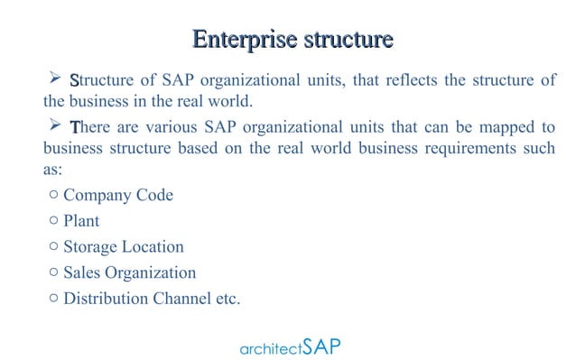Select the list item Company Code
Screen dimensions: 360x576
pyautogui.click(x=117, y=196)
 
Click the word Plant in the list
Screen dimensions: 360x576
pyautogui.click(x=81, y=221)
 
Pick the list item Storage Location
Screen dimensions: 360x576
pyautogui.click(x=123, y=246)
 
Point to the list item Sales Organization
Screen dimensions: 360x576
pyautogui.click(x=129, y=272)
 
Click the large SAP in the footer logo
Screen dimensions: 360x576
pyautogui.click(x=322, y=346)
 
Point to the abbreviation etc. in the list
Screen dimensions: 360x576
pyautogui.click(x=228, y=298)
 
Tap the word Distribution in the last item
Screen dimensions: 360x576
pyautogui.click(x=102, y=298)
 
